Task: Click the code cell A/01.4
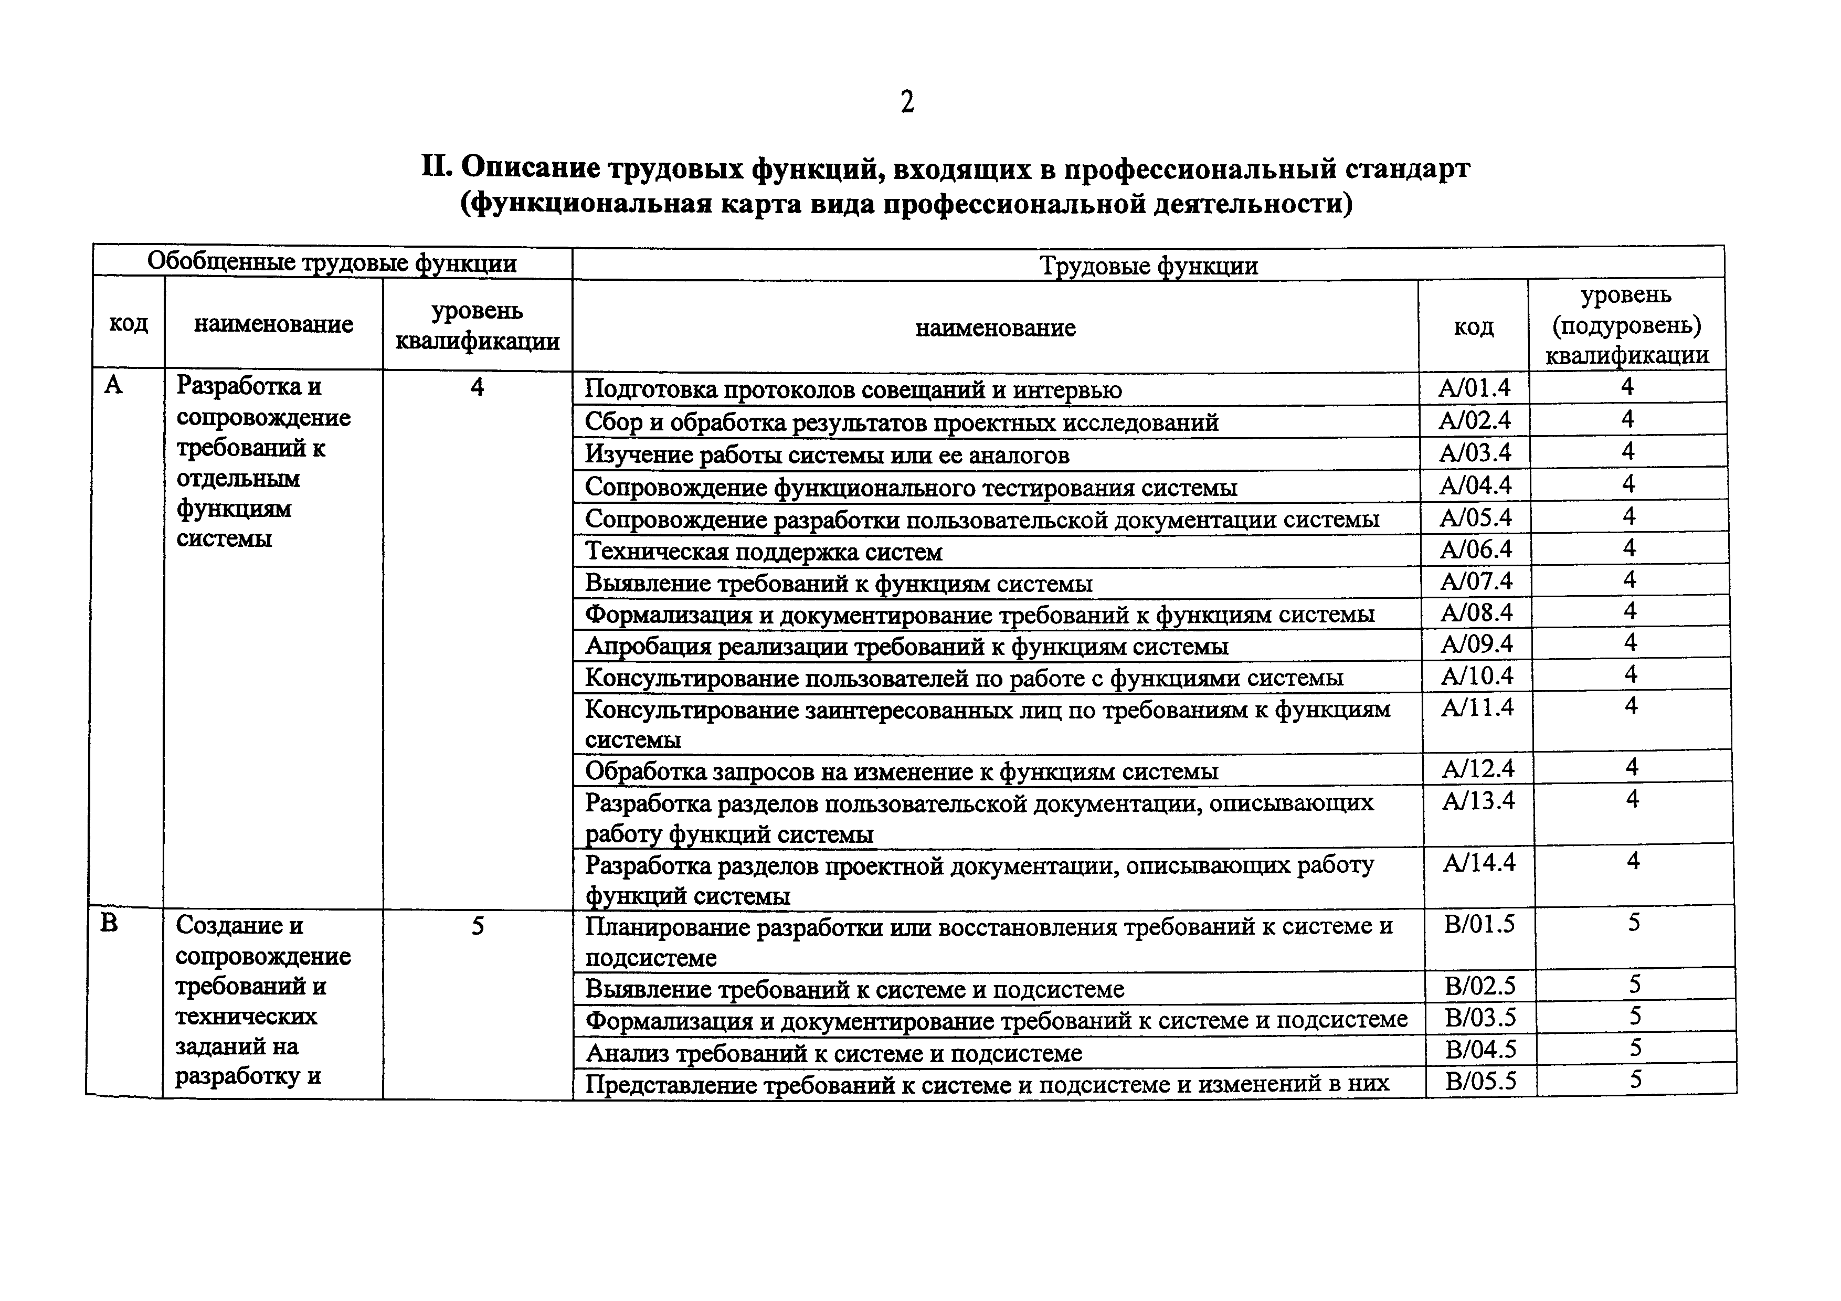coord(1474,388)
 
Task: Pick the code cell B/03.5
coord(1480,1017)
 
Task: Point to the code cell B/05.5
coord(1481,1081)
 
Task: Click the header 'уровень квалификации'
coord(477,325)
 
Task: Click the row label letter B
coord(109,924)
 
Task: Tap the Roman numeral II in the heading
coord(437,167)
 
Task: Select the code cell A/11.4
coord(1477,707)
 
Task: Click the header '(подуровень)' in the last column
coord(1626,325)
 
